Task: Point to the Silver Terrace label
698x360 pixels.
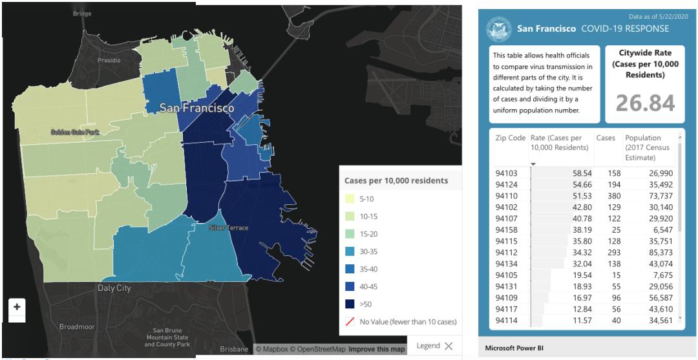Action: coord(229,228)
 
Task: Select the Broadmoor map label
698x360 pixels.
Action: coord(77,327)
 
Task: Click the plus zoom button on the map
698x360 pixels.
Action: coord(17,306)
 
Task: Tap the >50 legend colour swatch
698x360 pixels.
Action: coord(349,304)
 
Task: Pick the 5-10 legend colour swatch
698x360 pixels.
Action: coord(349,198)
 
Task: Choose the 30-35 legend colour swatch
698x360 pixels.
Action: coord(349,251)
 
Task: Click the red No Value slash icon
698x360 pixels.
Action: coord(349,321)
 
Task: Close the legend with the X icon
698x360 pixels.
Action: coord(448,346)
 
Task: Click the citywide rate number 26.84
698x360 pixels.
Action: coord(644,103)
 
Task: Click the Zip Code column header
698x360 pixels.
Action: coord(510,138)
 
